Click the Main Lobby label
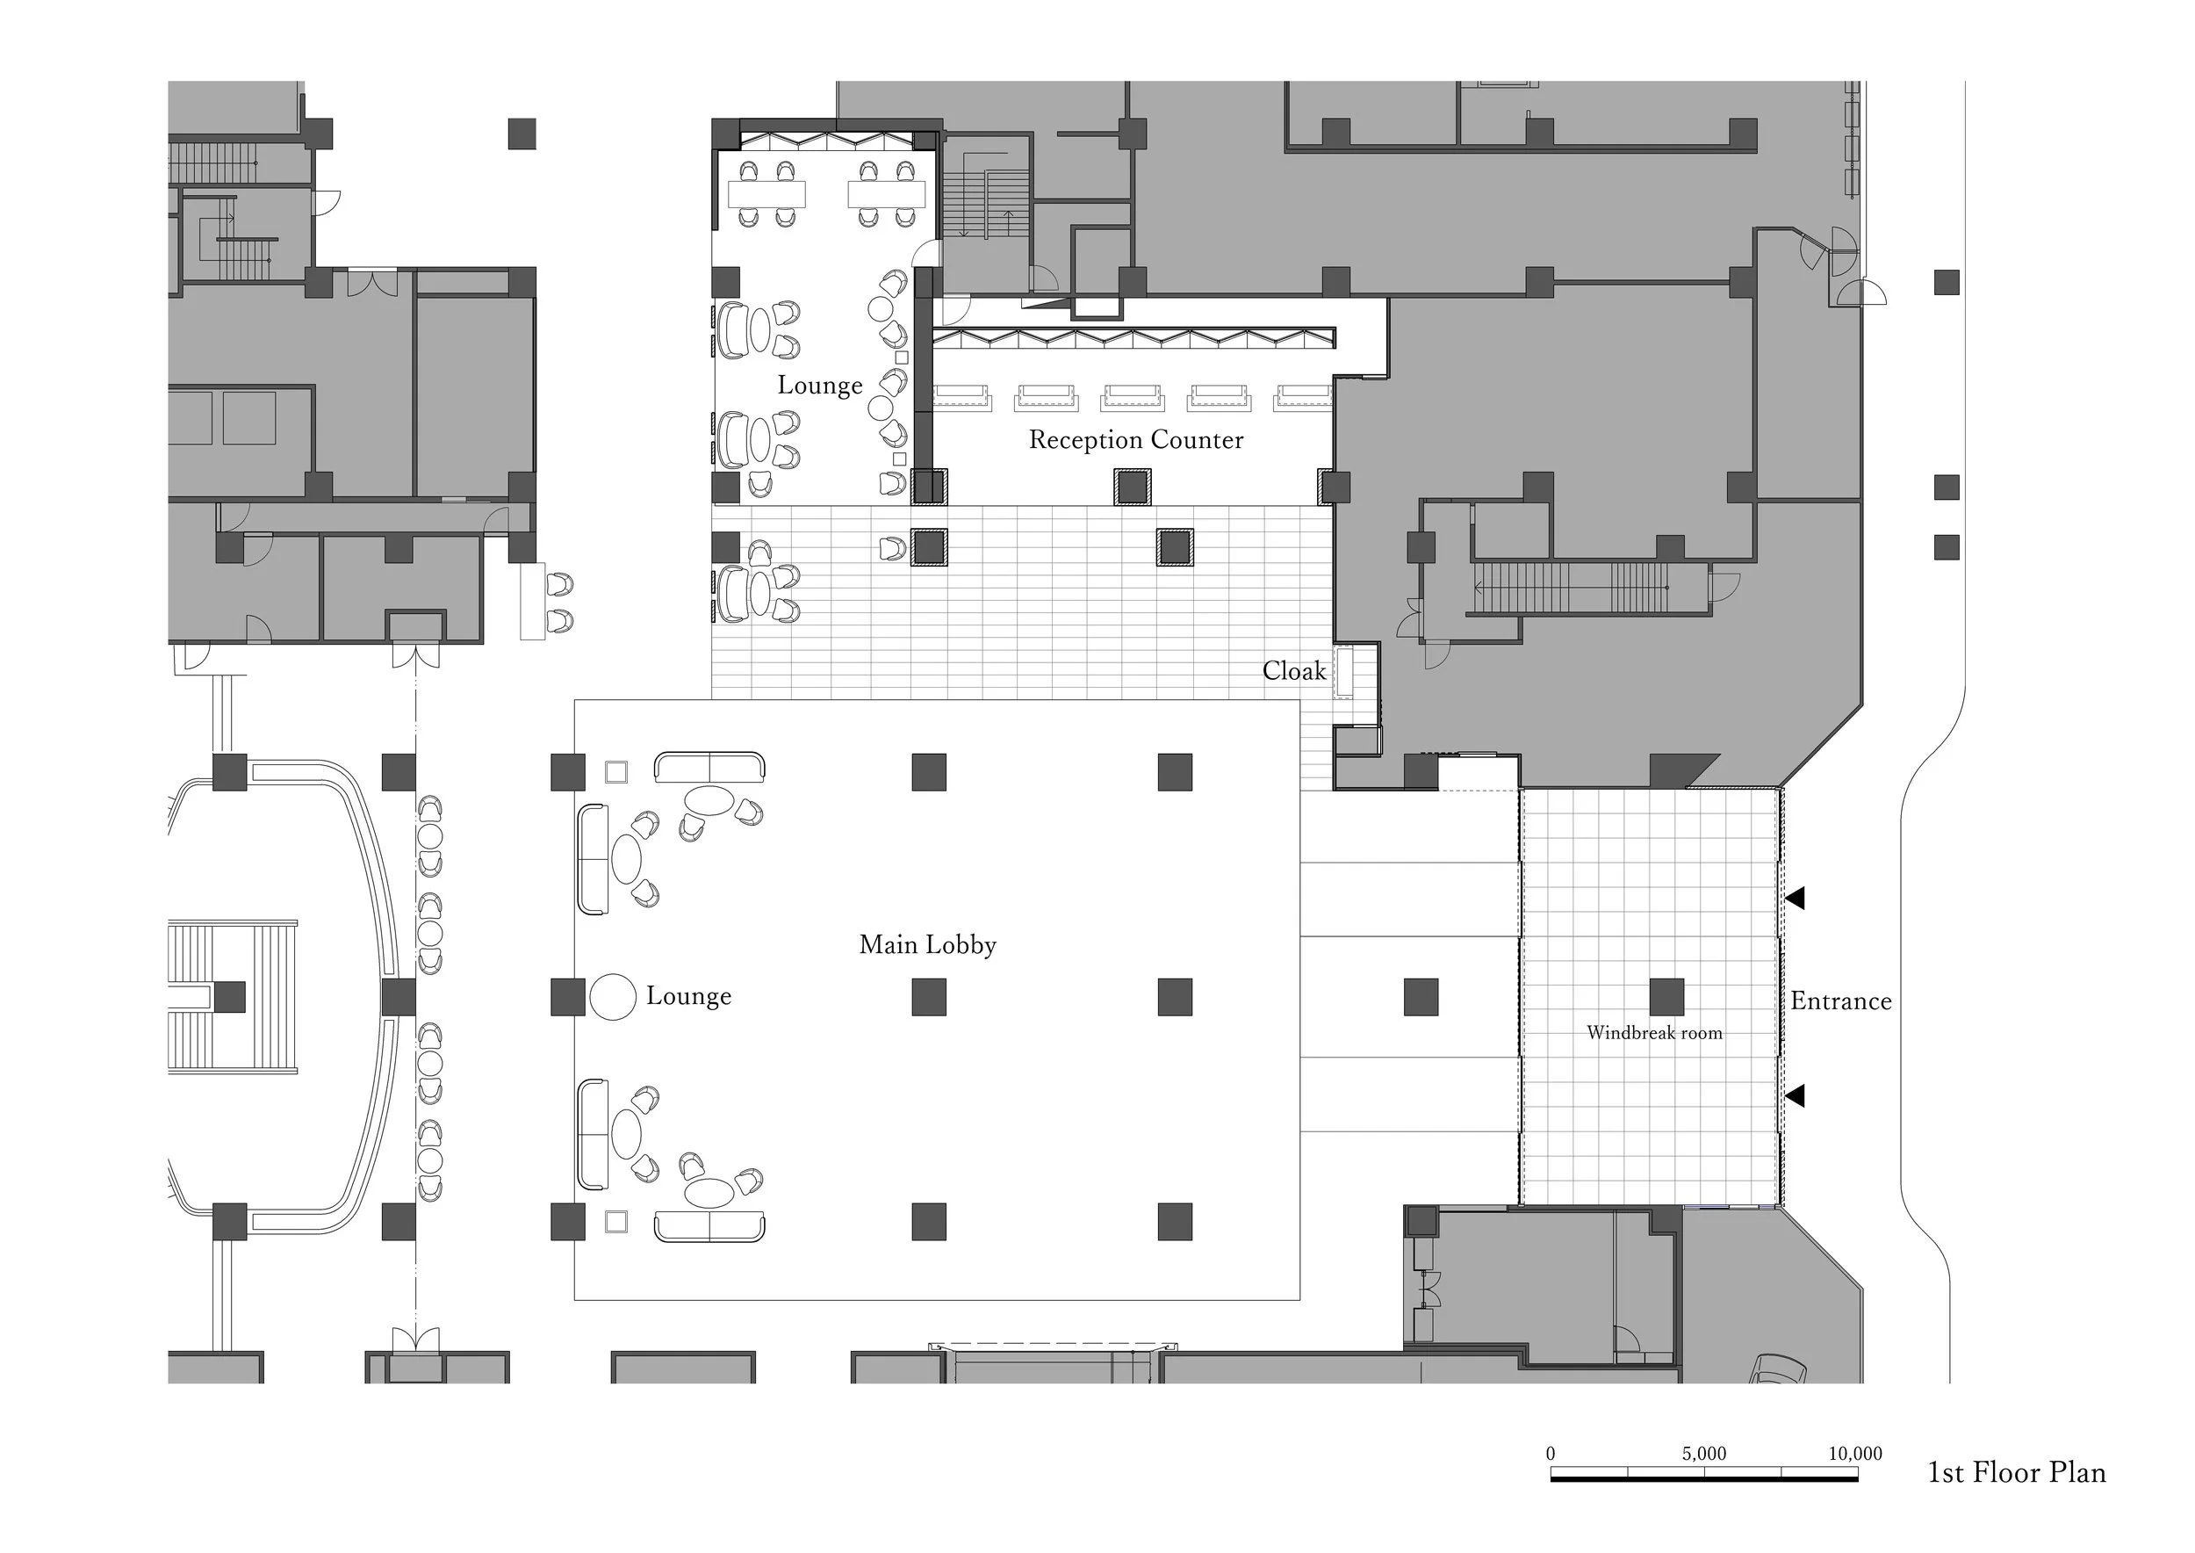[927, 945]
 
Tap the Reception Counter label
[1136, 440]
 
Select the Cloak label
[1293, 671]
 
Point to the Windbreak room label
[1654, 1033]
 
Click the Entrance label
[1840, 1001]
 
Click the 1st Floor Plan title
[2016, 1473]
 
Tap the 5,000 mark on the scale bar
[1703, 1454]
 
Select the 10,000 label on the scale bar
[1854, 1454]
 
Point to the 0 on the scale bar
[1551, 1454]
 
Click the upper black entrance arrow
[1796, 898]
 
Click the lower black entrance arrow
[1796, 1096]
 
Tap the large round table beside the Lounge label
[613, 997]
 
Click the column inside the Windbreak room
[1666, 997]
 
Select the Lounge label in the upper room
[819, 386]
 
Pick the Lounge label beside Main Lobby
[688, 995]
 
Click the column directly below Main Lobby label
[928, 997]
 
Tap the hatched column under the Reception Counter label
[1132, 488]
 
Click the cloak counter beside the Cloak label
[1345, 672]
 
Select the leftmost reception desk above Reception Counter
[961, 398]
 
